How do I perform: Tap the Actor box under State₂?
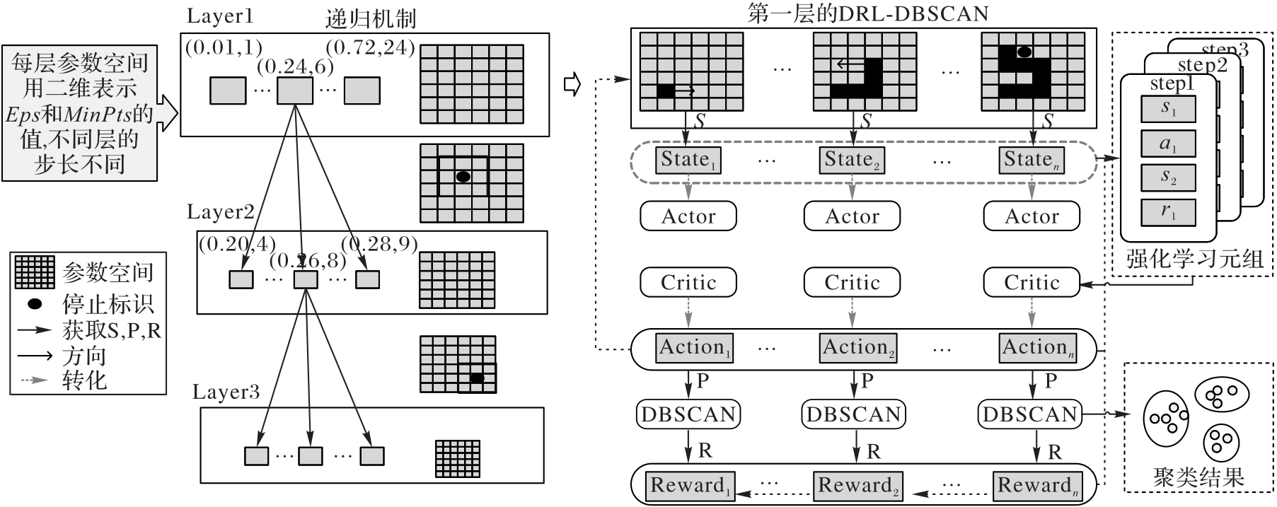852,216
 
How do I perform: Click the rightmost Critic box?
1032,282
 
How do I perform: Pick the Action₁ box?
695,348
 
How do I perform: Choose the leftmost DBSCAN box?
688,414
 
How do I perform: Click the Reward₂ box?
857,486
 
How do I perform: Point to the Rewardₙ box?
1038,486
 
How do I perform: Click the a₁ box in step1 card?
1168,144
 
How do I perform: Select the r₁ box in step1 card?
1168,212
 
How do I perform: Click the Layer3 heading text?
226,392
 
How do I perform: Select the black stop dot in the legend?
34,304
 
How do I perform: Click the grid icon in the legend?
34,272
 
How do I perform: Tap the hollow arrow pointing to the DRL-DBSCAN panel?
572,85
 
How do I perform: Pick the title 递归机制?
371,18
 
